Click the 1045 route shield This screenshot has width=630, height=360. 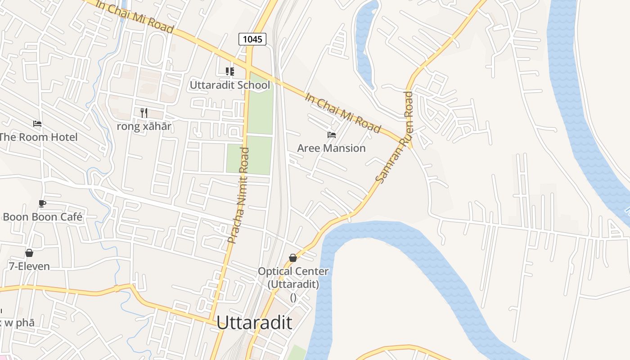pos(252,39)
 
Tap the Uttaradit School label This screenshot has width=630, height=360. pos(230,85)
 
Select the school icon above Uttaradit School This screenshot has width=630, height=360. pos(230,71)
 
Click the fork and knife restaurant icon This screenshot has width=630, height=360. pos(144,112)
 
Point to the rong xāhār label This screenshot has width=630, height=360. pos(144,126)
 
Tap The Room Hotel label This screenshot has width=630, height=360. pos(38,137)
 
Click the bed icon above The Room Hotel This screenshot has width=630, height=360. pos(37,123)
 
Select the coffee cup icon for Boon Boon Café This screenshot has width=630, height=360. pos(42,203)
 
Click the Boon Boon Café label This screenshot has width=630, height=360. pos(43,217)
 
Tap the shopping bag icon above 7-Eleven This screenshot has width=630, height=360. pos(29,253)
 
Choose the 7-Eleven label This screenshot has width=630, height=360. pos(29,266)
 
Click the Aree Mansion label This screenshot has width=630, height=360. pos(332,148)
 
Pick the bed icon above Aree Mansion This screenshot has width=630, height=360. pos(332,135)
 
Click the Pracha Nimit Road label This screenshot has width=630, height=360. pos(238,196)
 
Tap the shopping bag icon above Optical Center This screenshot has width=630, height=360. pos(293,258)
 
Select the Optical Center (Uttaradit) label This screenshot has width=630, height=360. pos(293,278)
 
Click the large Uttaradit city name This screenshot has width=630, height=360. pos(254,323)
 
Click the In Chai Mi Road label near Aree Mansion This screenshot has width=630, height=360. pos(343,113)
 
